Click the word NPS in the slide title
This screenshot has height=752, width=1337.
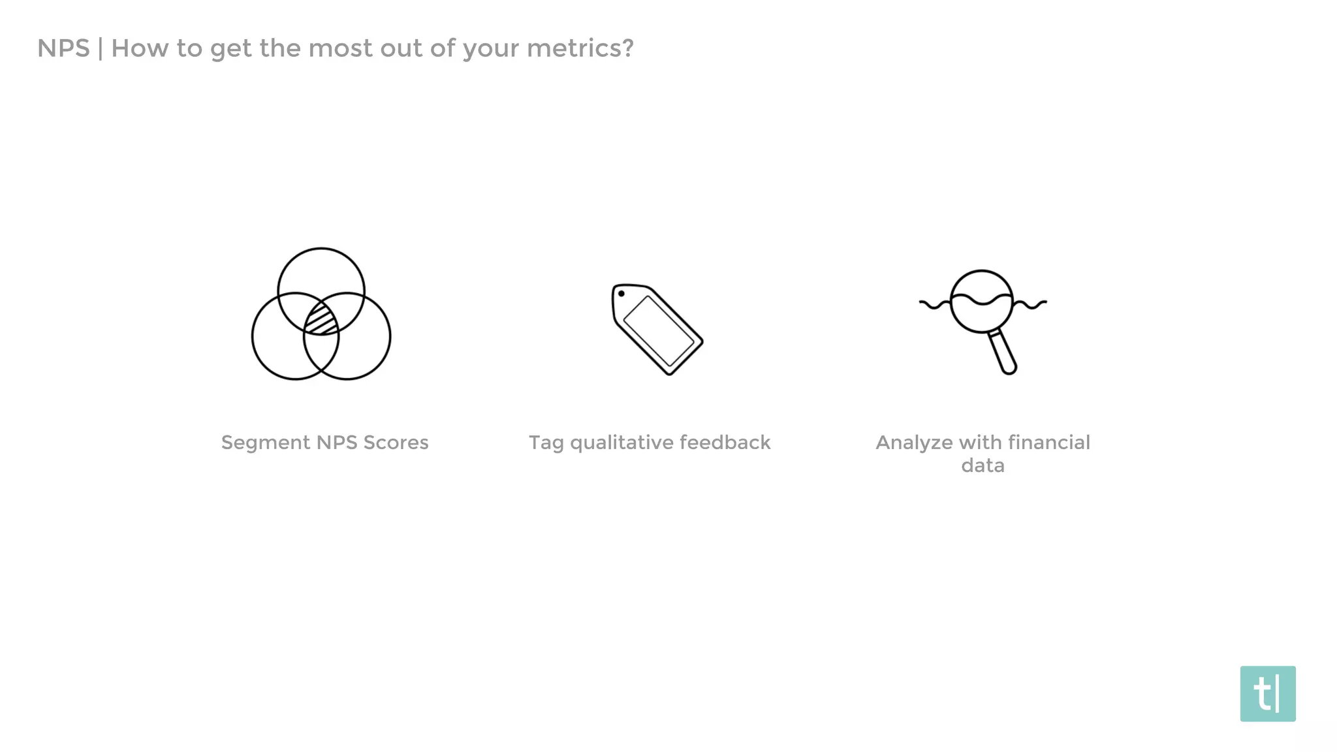click(x=63, y=48)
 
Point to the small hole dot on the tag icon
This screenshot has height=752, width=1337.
click(x=621, y=294)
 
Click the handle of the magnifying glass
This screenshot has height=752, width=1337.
click(x=1002, y=352)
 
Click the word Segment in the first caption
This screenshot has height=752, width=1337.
click(x=265, y=443)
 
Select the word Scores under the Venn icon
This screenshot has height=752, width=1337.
click(x=396, y=443)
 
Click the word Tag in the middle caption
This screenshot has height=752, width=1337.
click(x=546, y=443)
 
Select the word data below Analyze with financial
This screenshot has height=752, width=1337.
click(x=983, y=465)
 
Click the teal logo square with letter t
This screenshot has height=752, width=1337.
click(x=1267, y=693)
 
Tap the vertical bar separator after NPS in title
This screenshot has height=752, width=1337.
click(x=101, y=48)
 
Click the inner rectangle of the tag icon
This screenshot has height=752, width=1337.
click(x=659, y=331)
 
